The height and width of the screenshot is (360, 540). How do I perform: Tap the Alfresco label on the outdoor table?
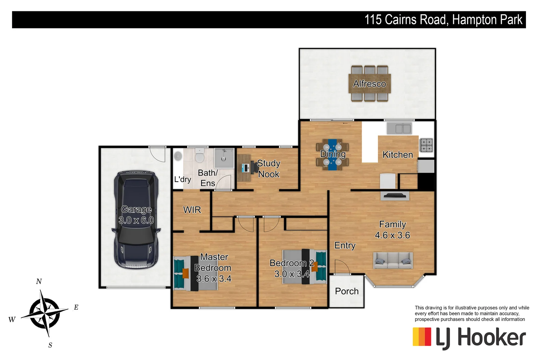[x=369, y=84]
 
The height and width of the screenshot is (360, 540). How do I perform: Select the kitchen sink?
[x=399, y=128]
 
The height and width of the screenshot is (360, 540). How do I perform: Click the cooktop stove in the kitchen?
[x=426, y=145]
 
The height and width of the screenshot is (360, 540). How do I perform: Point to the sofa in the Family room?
[x=393, y=260]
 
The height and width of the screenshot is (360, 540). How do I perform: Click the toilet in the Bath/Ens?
[x=199, y=156]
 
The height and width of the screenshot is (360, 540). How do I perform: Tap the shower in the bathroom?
[x=224, y=158]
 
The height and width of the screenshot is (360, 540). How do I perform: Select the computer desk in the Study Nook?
[x=244, y=168]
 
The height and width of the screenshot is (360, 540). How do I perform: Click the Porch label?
[x=347, y=291]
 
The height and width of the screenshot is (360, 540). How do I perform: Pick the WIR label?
[x=192, y=210]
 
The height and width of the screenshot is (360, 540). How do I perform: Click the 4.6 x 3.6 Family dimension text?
[x=392, y=235]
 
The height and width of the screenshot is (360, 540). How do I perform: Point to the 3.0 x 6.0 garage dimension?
[x=136, y=220]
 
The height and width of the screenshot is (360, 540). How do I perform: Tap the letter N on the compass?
[x=39, y=281]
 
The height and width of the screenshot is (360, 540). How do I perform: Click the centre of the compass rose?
[x=44, y=313]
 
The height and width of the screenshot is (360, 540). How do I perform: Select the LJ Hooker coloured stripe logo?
[x=422, y=337]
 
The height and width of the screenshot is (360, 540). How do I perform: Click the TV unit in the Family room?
[x=395, y=196]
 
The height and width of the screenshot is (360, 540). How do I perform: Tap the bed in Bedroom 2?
[x=304, y=267]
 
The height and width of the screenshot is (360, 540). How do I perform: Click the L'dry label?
[x=182, y=179]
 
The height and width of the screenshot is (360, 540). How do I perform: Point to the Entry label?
[x=345, y=246]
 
